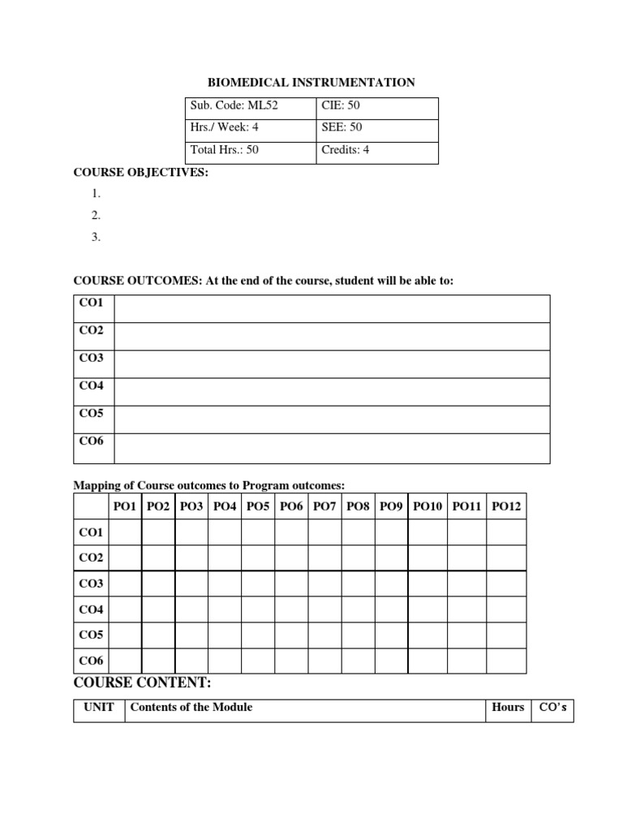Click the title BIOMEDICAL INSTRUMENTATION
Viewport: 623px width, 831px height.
click(311, 83)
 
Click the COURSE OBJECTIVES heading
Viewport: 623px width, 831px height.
click(141, 172)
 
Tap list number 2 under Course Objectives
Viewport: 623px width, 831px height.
click(96, 215)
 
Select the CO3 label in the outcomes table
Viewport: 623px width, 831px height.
click(92, 359)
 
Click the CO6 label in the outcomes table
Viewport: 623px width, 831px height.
click(92, 441)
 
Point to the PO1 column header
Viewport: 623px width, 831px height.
click(126, 506)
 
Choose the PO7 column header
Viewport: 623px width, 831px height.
click(324, 506)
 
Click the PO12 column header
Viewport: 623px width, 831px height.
click(506, 506)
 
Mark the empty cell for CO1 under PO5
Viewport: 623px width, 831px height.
click(258, 532)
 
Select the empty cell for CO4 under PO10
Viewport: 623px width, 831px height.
click(428, 609)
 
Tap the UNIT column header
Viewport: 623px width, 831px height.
click(99, 708)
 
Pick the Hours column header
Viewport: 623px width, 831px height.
click(508, 708)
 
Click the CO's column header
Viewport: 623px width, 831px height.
click(553, 708)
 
